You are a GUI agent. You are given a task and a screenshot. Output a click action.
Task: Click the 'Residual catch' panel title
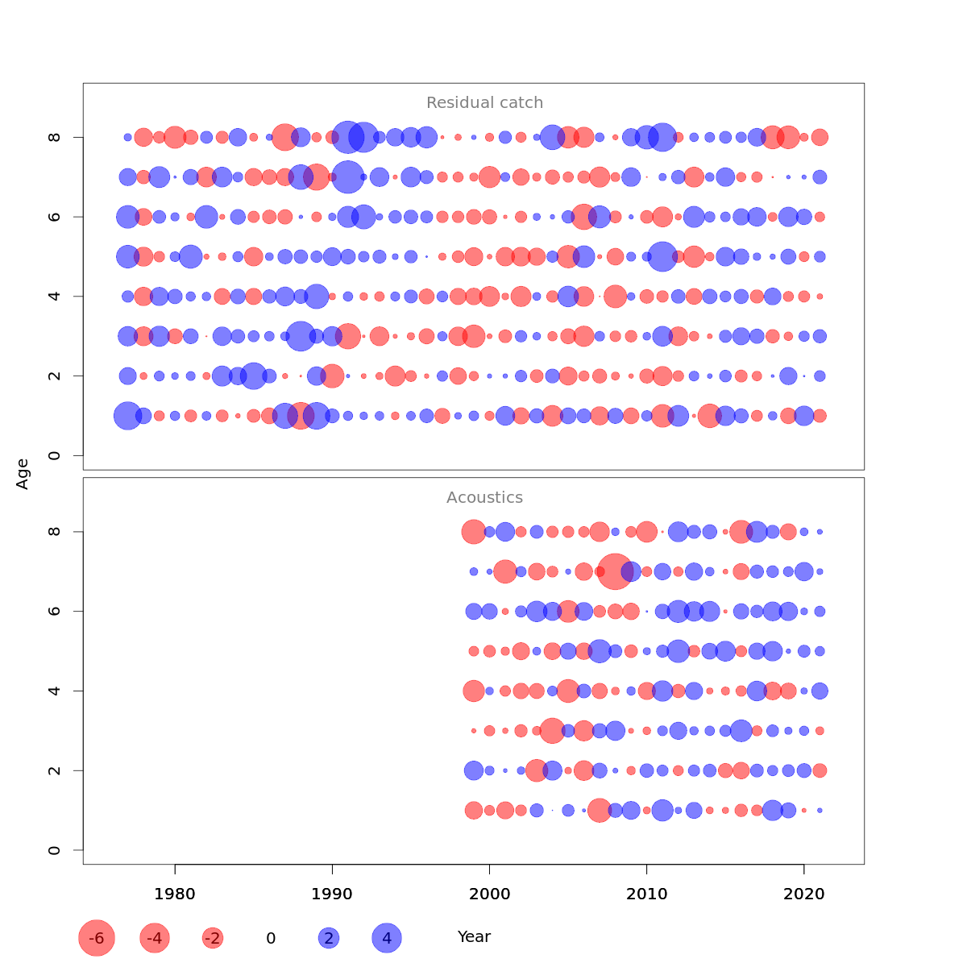[x=484, y=103]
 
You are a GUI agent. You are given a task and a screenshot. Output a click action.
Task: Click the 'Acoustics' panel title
[x=484, y=498]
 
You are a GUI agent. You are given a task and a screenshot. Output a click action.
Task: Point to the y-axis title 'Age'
[x=23, y=474]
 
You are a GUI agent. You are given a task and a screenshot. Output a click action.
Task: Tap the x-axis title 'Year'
[x=474, y=937]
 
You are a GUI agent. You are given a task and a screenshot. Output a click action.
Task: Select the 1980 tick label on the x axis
[x=175, y=894]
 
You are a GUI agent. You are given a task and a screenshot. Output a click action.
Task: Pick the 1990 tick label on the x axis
[x=332, y=894]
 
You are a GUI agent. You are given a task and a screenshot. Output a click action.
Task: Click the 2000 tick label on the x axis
[x=489, y=894]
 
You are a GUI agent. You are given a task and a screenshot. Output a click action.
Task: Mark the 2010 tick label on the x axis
[x=646, y=894]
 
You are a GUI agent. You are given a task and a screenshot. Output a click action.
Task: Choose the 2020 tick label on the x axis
[x=803, y=894]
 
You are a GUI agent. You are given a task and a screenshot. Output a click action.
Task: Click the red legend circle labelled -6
[x=97, y=938]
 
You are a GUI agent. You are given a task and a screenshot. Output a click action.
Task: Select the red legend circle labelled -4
[x=155, y=938]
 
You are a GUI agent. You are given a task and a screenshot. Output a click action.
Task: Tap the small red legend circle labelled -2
[x=213, y=938]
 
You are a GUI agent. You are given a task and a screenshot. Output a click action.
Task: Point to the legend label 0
[x=271, y=939]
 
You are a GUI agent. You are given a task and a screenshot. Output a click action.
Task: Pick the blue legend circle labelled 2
[x=328, y=938]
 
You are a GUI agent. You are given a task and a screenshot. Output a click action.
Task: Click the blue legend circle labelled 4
[x=387, y=938]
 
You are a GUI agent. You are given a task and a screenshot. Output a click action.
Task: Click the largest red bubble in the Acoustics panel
[x=615, y=571]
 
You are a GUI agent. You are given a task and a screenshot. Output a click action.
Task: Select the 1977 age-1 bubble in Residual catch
[x=127, y=416]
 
